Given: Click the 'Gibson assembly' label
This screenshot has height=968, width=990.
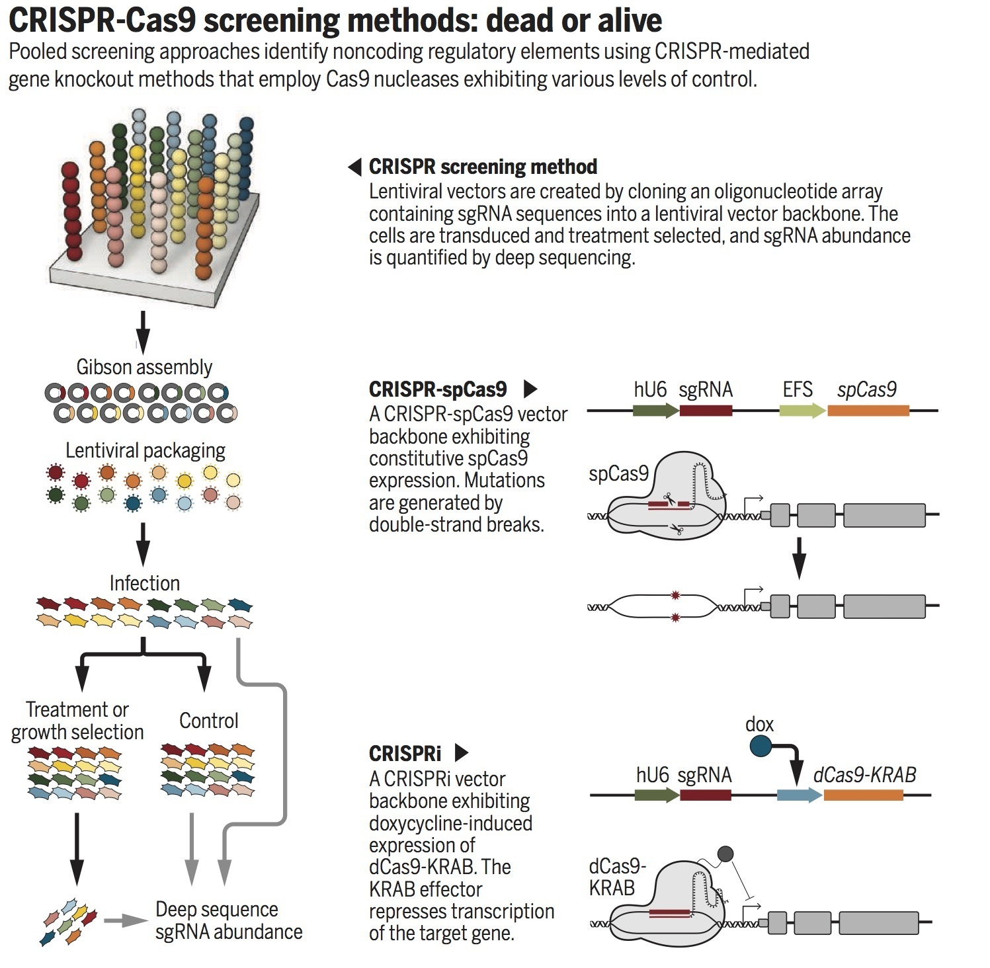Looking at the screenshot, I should (144, 367).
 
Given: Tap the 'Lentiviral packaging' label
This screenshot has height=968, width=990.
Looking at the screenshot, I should (145, 451).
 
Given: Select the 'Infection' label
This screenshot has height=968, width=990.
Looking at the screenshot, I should (144, 583).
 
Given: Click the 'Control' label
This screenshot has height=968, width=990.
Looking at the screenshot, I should (208, 721).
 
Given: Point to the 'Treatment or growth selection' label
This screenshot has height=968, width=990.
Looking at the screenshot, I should (77, 721).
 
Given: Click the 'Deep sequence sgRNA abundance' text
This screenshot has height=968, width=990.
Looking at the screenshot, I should (228, 920).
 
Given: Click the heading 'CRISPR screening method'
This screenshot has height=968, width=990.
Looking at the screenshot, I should (483, 167).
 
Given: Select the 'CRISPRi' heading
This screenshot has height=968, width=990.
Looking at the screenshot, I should (405, 753).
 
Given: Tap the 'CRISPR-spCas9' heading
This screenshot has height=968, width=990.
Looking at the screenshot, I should (438, 389).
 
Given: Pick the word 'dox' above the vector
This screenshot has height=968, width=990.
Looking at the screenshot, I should (759, 725).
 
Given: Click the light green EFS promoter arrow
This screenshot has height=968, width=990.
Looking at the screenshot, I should (802, 411).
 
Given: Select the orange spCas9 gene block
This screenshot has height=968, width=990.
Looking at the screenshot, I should (868, 411).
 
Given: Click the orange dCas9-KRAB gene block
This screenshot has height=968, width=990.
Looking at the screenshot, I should (863, 795).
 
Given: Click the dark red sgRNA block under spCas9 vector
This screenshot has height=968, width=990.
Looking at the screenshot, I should (706, 411).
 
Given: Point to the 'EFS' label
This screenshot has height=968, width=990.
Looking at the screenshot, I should (798, 389).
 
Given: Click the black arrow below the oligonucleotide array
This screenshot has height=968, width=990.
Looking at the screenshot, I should (142, 331).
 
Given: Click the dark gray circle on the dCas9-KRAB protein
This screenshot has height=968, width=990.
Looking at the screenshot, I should (725, 854).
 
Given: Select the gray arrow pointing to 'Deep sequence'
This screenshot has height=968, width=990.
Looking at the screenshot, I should (126, 920).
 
